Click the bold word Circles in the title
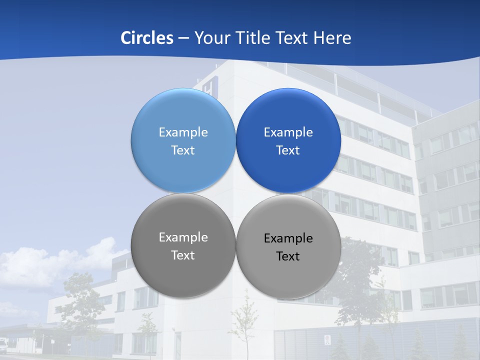click(147, 38)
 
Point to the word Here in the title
click(332, 38)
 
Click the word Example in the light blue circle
click(183, 132)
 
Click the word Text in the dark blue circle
click(288, 150)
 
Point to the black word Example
click(288, 238)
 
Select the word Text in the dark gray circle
click(183, 255)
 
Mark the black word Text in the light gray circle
click(288, 256)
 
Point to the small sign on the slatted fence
click(327, 339)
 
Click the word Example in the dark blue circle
click(288, 132)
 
